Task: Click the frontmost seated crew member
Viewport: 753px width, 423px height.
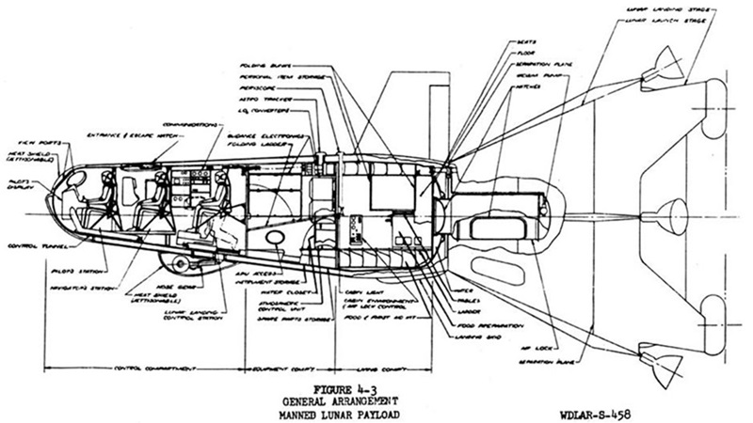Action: [x=99, y=196]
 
